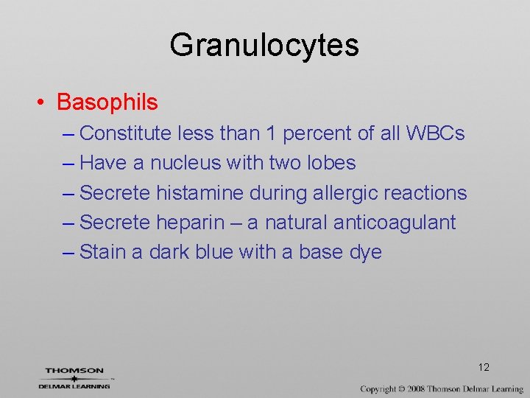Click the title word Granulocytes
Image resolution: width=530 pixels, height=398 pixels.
coord(264,45)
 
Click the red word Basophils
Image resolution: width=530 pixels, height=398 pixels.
coord(107,102)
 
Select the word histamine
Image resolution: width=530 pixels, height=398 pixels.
coord(199,192)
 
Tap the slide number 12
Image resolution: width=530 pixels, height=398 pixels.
coord(484,367)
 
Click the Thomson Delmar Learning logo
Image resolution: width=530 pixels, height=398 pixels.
coord(74,378)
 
